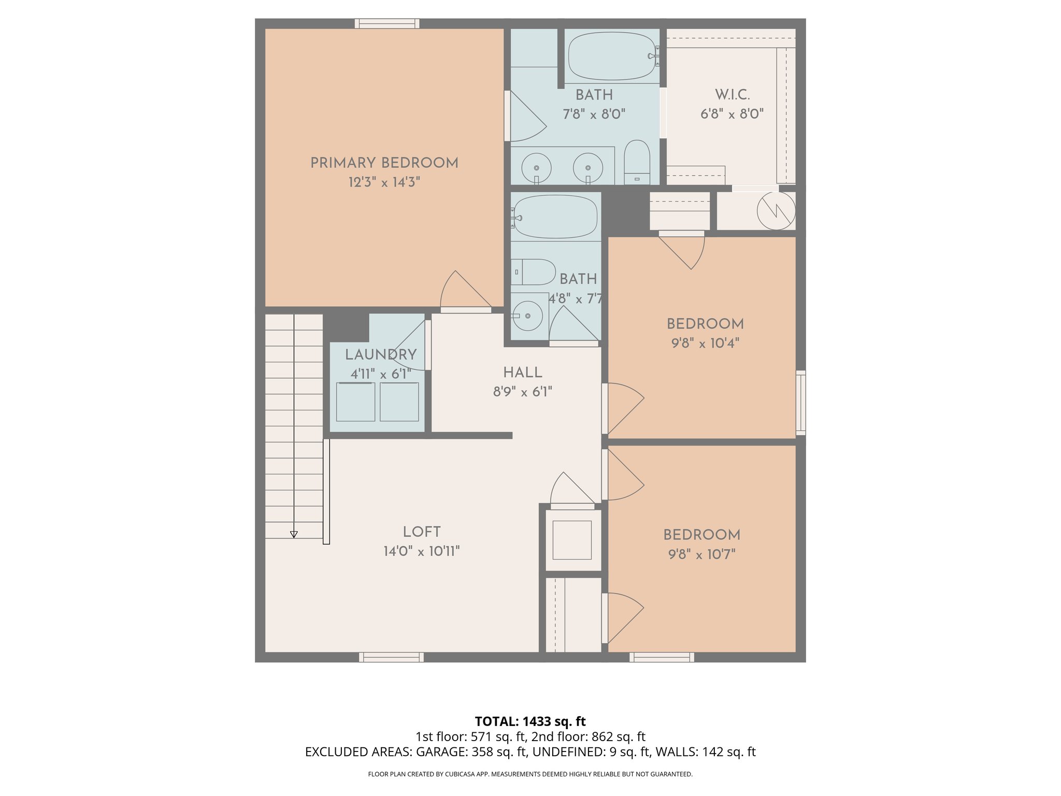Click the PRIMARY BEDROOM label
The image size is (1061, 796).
tap(384, 163)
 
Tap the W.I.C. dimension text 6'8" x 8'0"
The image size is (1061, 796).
tap(732, 114)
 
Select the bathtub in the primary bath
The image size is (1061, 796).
tap(611, 56)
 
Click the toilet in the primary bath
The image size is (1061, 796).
tap(637, 161)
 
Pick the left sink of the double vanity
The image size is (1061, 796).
tap(536, 168)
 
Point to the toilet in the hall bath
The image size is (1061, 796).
tap(534, 272)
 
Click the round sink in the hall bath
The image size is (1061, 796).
tap(527, 315)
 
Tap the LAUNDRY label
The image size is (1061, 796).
tap(381, 355)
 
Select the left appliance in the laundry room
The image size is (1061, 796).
tap(355, 402)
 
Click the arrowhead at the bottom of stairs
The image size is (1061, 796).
tap(294, 534)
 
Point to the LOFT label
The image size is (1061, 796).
tap(422, 532)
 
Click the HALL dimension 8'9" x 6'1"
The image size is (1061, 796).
tap(522, 392)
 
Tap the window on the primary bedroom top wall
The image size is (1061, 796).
tap(386, 23)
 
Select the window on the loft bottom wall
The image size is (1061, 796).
tap(391, 657)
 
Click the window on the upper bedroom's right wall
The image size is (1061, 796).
tap(800, 403)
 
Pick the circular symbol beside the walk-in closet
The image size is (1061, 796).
tap(776, 211)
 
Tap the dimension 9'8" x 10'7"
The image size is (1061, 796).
tap(701, 555)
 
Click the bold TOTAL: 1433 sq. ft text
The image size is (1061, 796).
tap(530, 721)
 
